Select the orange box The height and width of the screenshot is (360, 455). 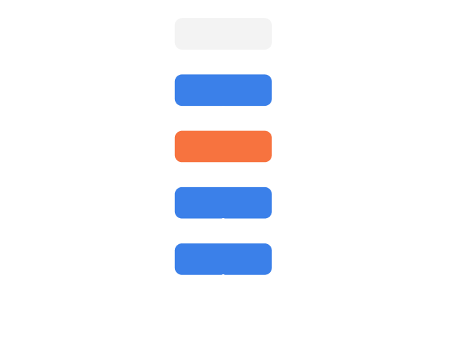pos(223,146)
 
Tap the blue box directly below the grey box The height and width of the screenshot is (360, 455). pos(223,90)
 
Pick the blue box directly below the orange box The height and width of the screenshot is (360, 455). pos(223,202)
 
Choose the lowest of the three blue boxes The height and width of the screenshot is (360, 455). pos(223,258)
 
